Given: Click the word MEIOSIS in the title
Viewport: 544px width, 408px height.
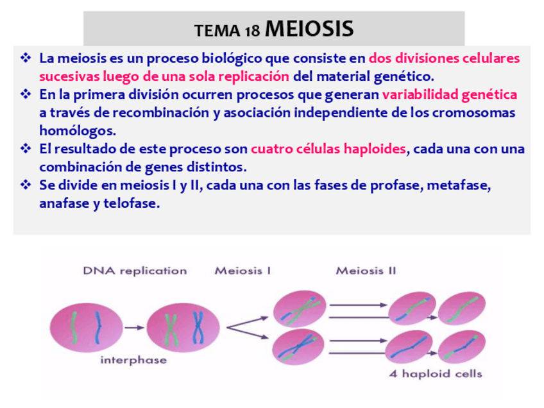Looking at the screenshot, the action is tap(309, 29).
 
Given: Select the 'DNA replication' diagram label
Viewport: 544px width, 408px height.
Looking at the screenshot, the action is tap(135, 271).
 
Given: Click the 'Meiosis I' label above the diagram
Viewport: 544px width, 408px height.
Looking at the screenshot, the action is tap(242, 271).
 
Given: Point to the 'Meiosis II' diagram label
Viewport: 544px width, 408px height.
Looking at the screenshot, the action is tap(366, 271).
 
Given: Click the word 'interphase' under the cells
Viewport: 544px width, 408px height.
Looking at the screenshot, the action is tap(133, 361).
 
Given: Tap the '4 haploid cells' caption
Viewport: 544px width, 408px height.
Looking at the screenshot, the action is tap(435, 374).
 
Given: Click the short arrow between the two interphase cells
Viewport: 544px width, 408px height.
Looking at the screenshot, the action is tap(134, 327).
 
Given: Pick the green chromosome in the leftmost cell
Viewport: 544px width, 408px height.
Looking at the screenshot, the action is tap(74, 326).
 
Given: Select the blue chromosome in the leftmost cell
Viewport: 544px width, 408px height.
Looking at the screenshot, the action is tap(98, 326).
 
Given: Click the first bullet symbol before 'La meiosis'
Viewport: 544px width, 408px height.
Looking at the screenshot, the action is tap(26, 58).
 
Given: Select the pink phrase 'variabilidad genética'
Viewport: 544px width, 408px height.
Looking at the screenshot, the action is tap(450, 95).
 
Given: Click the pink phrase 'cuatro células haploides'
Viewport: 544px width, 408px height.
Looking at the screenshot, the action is tap(328, 149).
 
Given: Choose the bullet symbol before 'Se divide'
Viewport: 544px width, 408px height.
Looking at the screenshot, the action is tap(26, 186).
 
